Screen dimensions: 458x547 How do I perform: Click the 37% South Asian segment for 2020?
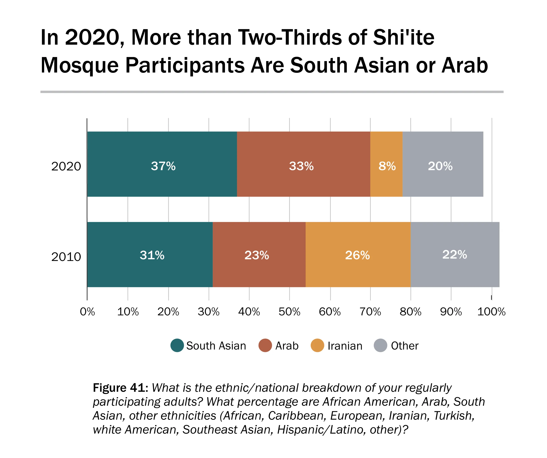point(162,164)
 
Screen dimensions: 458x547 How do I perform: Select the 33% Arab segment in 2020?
point(303,164)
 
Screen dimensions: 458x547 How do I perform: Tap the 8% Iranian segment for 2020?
point(386,164)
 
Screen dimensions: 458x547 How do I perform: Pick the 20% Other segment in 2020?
point(443,164)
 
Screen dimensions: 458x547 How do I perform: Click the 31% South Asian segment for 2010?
point(150,254)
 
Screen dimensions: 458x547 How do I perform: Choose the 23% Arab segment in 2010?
point(259,254)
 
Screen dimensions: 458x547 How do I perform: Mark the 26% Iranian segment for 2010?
point(358,254)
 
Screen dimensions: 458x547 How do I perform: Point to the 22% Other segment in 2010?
point(455,254)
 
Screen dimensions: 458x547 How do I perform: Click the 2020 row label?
point(66,166)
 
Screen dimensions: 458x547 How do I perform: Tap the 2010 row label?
point(66,257)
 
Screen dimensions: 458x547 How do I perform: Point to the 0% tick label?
point(87,312)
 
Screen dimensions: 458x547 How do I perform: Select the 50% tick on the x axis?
point(289,312)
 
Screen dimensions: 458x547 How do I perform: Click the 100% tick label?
point(491,312)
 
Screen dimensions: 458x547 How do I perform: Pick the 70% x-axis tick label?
point(370,312)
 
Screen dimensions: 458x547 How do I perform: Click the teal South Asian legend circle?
point(177,345)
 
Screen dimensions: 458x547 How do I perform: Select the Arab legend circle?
point(265,345)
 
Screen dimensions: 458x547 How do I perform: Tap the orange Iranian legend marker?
point(317,345)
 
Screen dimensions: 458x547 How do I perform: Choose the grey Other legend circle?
point(381,345)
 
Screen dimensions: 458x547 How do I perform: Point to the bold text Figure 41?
point(121,388)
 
